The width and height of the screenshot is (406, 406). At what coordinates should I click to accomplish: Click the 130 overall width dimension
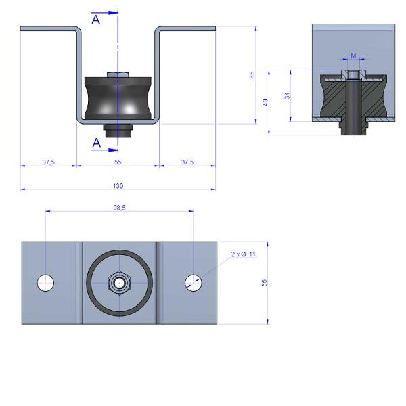118,186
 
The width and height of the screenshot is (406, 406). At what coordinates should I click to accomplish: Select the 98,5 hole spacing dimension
119,208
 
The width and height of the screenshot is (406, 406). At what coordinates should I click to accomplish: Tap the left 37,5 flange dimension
49,162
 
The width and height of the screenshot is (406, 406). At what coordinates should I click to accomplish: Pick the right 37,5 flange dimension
187,162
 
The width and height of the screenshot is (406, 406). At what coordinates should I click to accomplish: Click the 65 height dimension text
252,75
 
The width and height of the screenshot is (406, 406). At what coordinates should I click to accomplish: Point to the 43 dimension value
266,102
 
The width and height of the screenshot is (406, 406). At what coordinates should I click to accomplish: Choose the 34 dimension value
287,95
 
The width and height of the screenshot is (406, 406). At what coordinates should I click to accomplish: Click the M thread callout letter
353,55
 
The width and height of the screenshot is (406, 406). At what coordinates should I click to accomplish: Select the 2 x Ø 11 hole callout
244,254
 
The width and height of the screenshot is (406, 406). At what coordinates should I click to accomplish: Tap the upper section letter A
96,20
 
